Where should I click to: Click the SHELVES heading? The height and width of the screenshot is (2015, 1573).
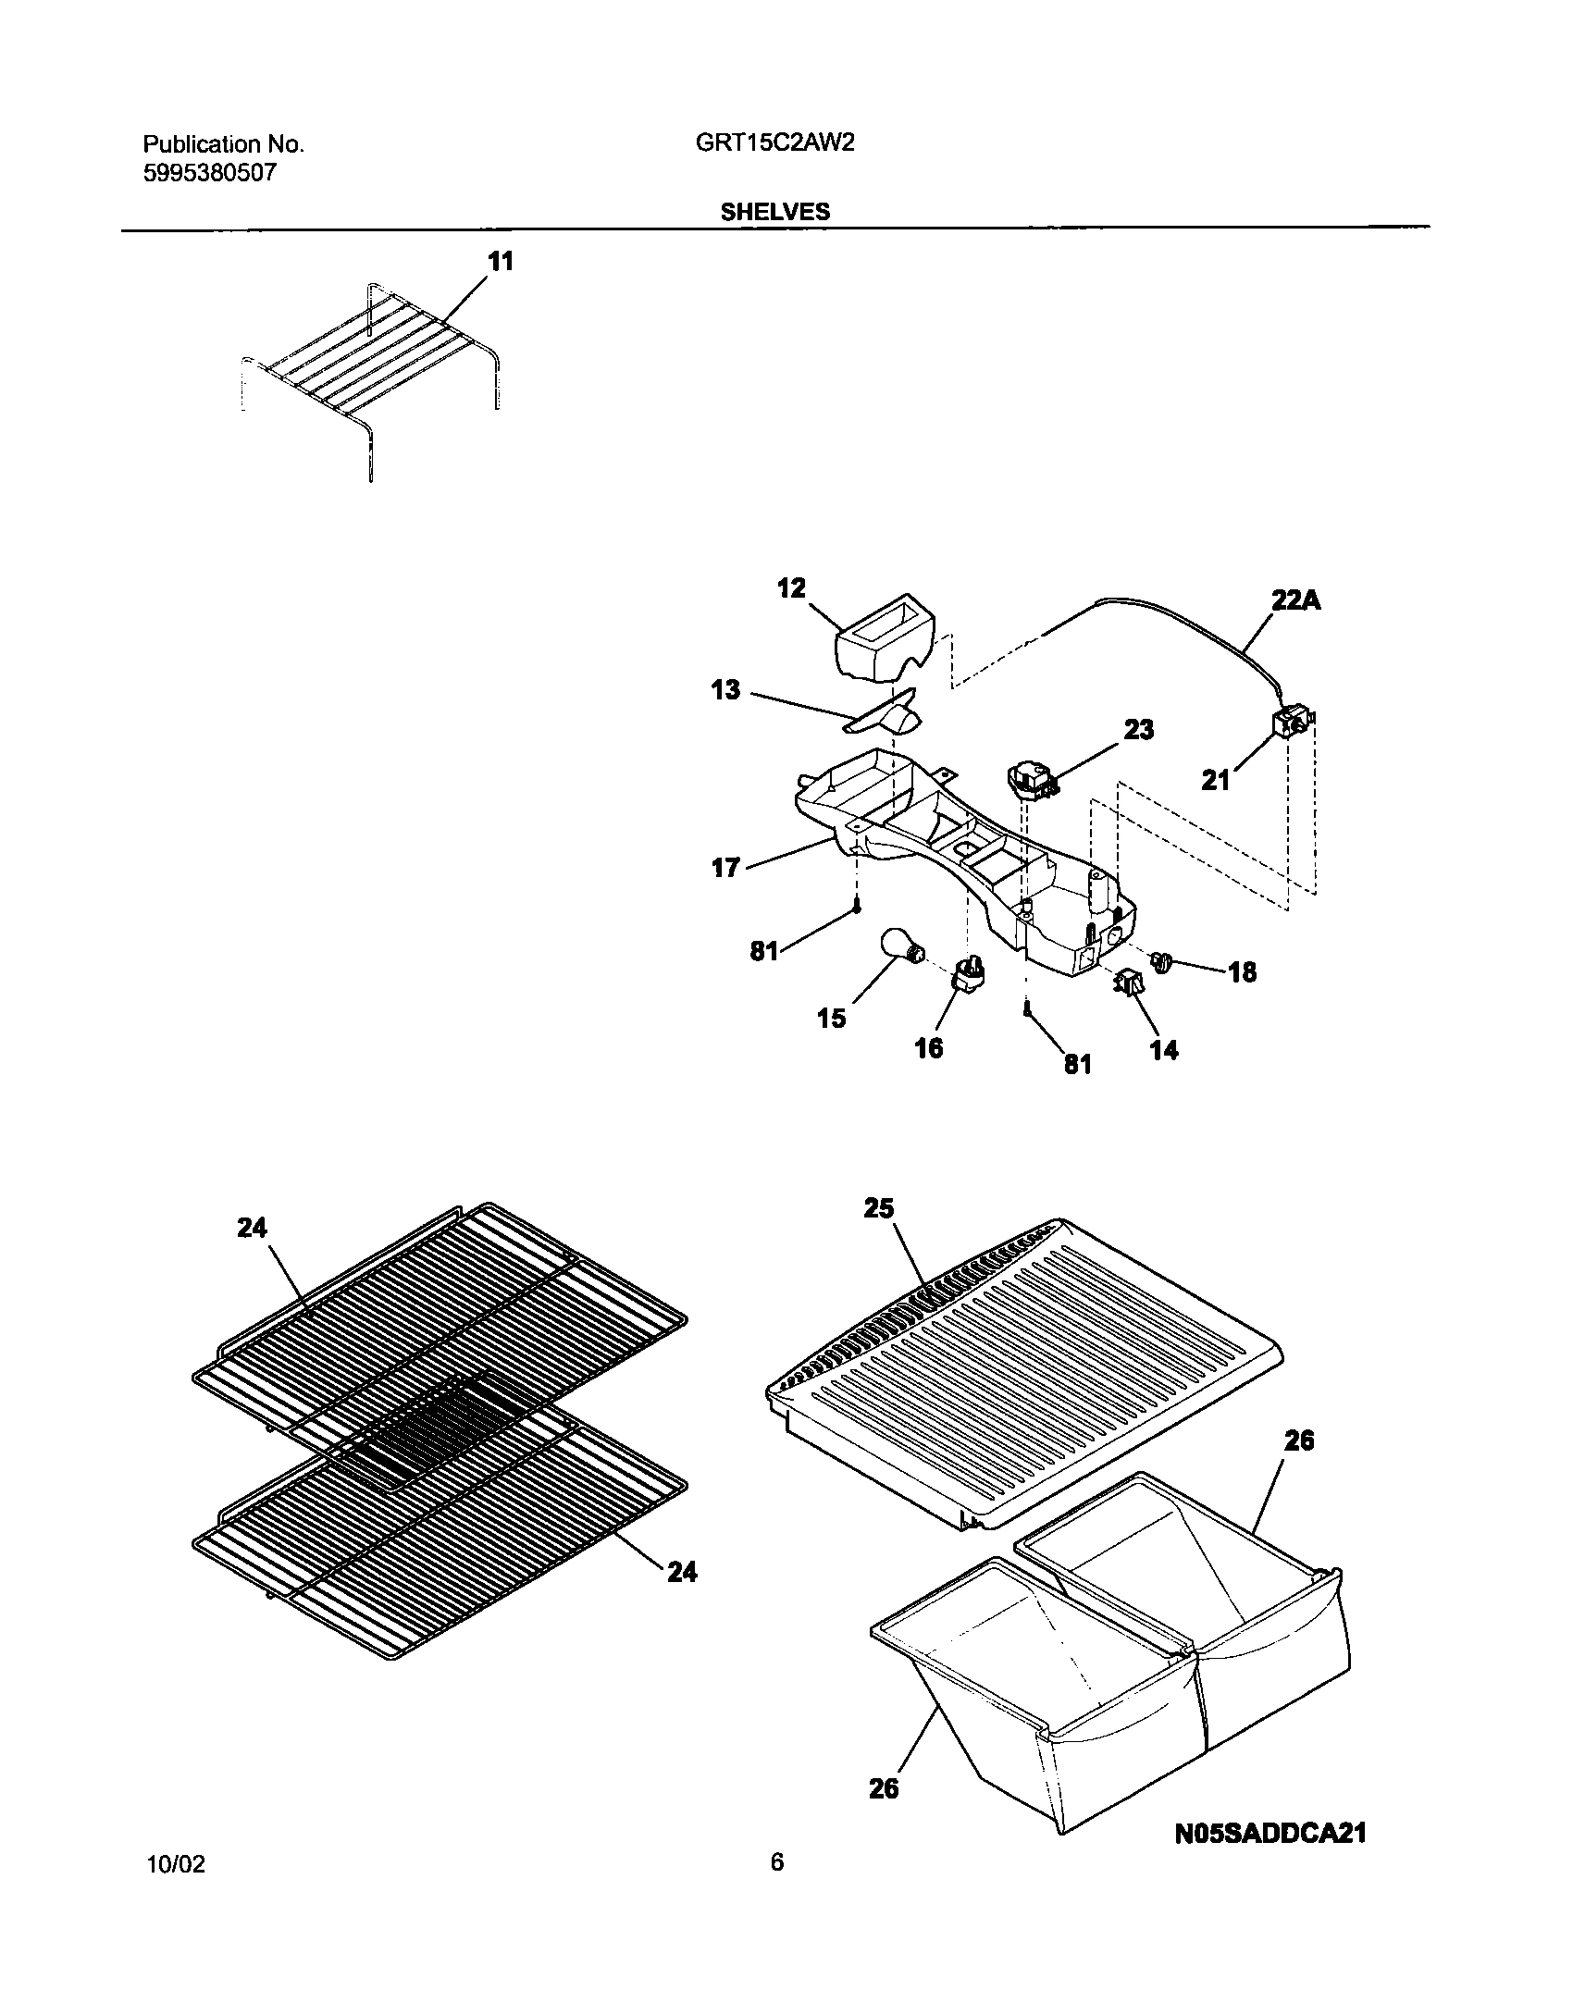coord(775,212)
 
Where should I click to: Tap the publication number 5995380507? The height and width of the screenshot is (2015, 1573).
coord(209,173)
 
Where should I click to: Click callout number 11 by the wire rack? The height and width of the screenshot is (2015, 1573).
coord(501,262)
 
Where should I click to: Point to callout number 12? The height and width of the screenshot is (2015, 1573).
coord(791,588)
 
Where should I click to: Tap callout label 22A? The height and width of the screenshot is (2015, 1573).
coord(1294,600)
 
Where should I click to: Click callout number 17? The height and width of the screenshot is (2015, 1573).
coord(725,868)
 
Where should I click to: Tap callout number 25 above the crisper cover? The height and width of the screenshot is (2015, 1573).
coord(878,1208)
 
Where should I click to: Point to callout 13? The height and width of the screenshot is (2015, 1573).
coord(726,690)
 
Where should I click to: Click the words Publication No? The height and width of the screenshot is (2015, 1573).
coord(223,144)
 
